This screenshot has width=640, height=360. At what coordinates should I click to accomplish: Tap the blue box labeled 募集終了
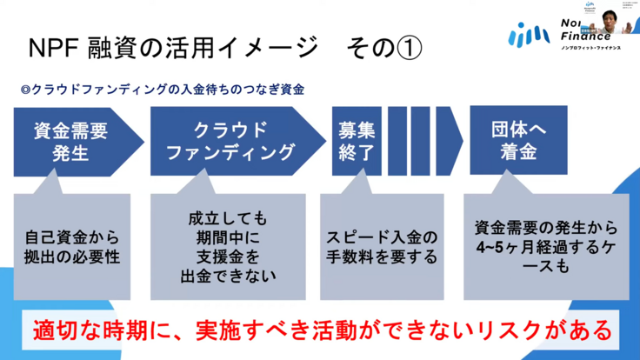357,141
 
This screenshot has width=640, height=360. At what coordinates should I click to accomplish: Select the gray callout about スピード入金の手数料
383,247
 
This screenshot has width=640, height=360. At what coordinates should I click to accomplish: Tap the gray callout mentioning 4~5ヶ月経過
547,248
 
